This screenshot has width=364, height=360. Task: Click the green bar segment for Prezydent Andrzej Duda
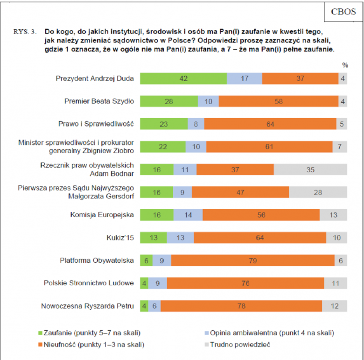click(x=183, y=78)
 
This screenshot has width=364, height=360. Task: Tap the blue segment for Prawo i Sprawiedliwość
click(x=196, y=124)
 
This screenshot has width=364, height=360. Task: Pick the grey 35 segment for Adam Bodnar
click(x=310, y=169)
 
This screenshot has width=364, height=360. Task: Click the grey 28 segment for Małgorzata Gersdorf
click(x=318, y=192)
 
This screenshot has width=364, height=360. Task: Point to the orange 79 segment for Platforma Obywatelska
click(x=253, y=261)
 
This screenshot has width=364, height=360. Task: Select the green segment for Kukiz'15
click(x=154, y=238)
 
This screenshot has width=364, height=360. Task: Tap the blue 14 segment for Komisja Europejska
click(x=188, y=215)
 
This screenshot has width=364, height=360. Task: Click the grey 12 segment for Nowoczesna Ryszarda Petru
click(x=335, y=306)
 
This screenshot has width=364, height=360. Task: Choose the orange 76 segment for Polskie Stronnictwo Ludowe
click(x=245, y=283)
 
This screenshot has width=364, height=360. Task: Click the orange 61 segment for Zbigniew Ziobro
click(x=269, y=147)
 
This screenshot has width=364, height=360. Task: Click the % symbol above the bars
click(x=345, y=65)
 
